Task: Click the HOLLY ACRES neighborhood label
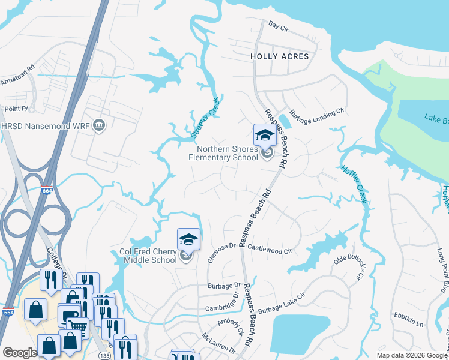(x=279, y=56)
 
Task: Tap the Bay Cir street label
(x=279, y=26)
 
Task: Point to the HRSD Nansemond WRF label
(x=47, y=127)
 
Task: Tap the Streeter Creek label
(x=205, y=117)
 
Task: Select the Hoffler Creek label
(x=353, y=185)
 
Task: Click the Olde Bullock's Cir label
(x=349, y=267)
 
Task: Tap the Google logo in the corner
(x=20, y=353)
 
